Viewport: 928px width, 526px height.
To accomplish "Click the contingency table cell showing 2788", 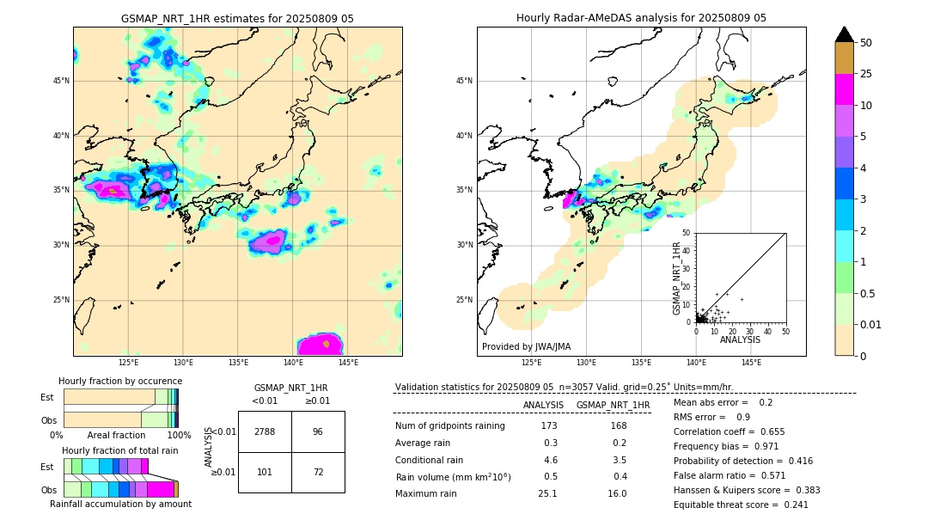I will [265, 431].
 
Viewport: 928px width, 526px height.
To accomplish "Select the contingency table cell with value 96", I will [318, 431].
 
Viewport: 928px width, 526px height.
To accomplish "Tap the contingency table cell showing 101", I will [265, 472].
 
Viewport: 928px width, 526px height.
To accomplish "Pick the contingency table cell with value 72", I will [318, 472].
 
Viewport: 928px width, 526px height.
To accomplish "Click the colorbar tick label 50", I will [866, 43].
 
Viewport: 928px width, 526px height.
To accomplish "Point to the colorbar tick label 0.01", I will [871, 324].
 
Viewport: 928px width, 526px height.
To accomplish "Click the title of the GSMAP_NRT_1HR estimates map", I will [237, 18].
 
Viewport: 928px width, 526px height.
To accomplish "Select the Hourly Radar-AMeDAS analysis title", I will [641, 18].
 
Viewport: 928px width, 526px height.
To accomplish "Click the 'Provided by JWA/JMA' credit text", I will [526, 347].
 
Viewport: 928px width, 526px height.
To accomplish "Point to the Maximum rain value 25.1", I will [547, 493].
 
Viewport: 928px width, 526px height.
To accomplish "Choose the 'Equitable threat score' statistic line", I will [741, 505].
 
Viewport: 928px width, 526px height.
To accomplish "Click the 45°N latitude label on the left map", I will [61, 81].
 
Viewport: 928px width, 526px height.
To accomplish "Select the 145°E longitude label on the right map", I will [751, 363].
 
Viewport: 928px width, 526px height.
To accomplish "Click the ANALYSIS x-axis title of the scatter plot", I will [740, 339].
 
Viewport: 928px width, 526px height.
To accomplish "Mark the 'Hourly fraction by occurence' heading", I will [120, 381].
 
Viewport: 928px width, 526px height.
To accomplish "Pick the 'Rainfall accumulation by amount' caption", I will [120, 504].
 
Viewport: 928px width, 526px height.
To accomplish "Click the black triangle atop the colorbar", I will [845, 34].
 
